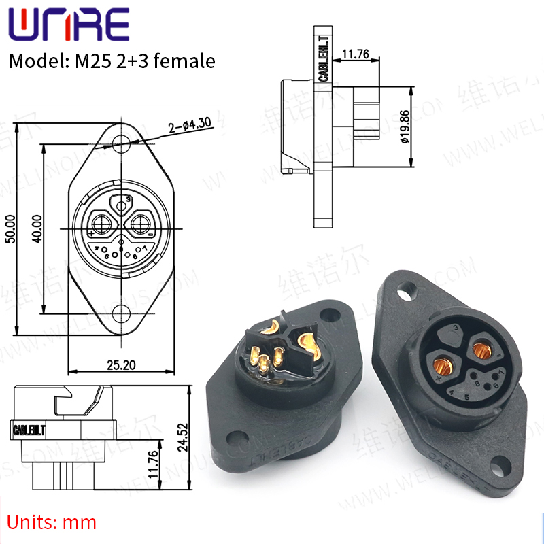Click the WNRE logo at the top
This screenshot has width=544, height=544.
click(x=68, y=25)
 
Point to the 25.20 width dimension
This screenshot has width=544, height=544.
click(x=122, y=364)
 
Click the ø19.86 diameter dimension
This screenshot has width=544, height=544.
click(x=403, y=128)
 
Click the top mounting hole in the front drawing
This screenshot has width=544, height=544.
click(x=122, y=143)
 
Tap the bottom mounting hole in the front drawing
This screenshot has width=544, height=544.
click(x=122, y=313)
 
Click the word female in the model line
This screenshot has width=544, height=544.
click(x=185, y=61)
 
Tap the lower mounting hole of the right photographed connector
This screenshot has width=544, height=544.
click(x=502, y=462)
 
